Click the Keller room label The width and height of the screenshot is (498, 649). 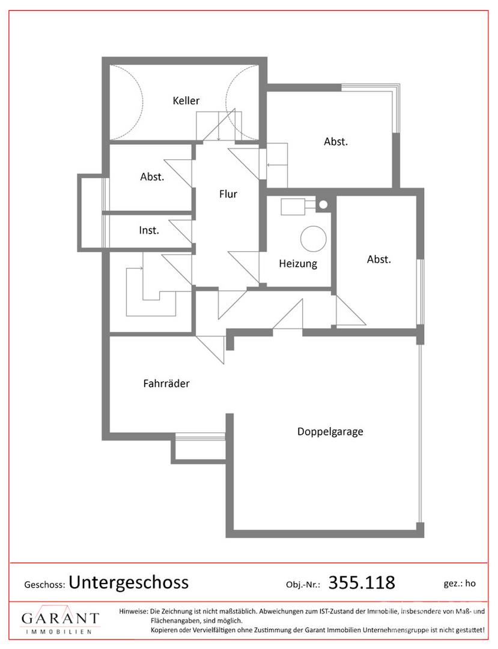tap(186, 100)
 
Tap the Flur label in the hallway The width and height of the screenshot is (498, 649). tap(228, 194)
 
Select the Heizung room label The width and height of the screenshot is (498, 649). tap(298, 264)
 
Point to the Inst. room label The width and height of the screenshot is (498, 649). tap(149, 230)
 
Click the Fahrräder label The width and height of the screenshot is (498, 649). tap(166, 383)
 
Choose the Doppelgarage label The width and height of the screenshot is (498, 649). tap(330, 431)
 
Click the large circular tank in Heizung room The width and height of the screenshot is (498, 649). tap(313, 239)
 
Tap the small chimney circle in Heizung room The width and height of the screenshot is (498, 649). tap(323, 204)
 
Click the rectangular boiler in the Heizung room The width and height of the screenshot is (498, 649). tap(293, 207)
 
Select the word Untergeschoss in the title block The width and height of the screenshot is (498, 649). tap(129, 582)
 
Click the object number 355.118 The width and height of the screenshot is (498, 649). tap(362, 582)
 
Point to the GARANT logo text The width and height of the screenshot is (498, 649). tap(61, 618)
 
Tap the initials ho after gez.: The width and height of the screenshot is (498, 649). tap(470, 583)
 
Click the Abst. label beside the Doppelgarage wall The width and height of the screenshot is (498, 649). tap(379, 260)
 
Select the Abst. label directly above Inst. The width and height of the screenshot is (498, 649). tap(152, 177)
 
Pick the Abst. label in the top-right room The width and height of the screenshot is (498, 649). tap(336, 142)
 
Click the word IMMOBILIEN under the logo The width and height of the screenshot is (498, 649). tap(59, 632)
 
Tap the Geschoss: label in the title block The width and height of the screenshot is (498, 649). tap(44, 585)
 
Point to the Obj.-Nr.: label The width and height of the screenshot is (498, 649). tap(303, 585)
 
